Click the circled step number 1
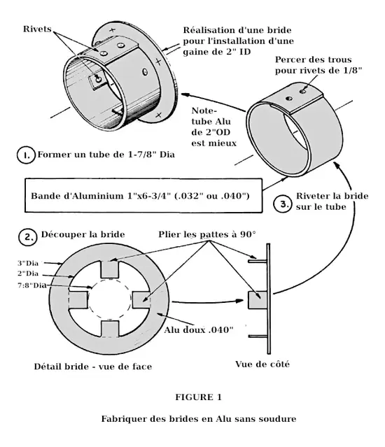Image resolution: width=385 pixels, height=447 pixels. tap(26, 155)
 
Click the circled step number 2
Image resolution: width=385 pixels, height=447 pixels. tap(28, 237)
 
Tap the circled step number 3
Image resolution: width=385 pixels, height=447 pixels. tap(283, 204)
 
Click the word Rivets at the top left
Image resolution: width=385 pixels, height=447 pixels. tap(37, 29)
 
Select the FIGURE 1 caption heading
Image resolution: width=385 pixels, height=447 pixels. tap(198, 397)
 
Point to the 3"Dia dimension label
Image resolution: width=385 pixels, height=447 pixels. tap(28, 263)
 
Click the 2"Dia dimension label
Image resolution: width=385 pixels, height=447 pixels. tap(28, 274)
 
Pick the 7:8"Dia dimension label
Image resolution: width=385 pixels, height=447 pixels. tap(32, 285)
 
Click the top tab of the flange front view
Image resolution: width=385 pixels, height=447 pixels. tap(109, 269)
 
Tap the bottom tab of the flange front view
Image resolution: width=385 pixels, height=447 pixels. tap(110, 329)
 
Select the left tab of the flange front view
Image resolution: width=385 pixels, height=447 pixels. tap(78, 299)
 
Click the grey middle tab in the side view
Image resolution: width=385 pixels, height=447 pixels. tap(258, 300)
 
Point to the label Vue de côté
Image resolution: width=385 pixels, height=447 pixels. tap(262, 364)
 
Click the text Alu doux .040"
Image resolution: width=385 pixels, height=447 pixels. tap(199, 330)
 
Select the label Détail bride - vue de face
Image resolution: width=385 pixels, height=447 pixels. tap(92, 367)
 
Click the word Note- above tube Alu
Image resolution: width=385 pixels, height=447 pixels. tap(204, 111)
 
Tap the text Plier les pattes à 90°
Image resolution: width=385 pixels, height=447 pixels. tap(207, 234)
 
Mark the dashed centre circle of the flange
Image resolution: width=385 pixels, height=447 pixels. tap(110, 280)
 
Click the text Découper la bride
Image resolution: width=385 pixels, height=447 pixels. tap(83, 234)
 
